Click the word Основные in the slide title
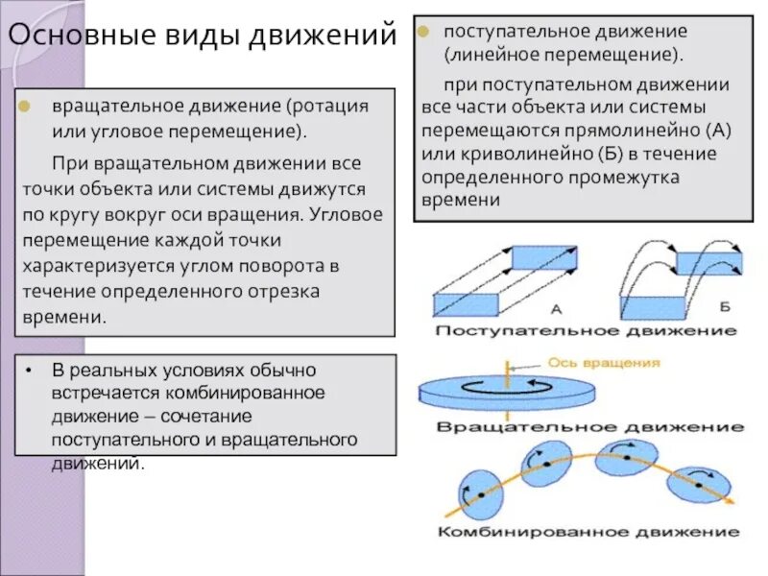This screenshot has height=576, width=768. coord(72,37)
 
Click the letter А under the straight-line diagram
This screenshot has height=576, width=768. coord(556,309)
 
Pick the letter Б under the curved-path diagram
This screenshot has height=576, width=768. coord(725,306)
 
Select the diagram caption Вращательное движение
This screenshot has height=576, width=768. coord(589,425)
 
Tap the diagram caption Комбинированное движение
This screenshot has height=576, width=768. coord(588,531)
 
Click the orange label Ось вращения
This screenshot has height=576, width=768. coord(604,363)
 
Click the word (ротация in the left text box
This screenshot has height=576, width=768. coord(326,106)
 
